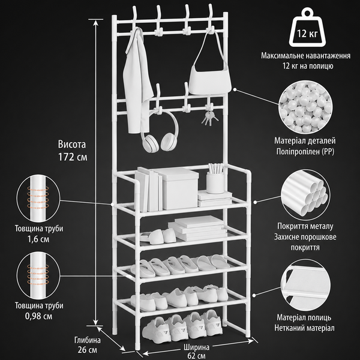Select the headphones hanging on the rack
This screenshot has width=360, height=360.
pyautogui.click(x=160, y=131)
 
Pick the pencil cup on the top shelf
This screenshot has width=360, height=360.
pyautogui.click(x=215, y=179)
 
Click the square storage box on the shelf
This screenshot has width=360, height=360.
pyautogui.click(x=179, y=188)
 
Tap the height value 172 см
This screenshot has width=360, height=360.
pyautogui.click(x=73, y=157)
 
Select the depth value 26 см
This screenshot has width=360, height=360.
pyautogui.click(x=87, y=350)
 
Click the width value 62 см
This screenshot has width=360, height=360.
pyautogui.click(x=197, y=356)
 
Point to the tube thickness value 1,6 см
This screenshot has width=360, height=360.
pyautogui.click(x=38, y=239)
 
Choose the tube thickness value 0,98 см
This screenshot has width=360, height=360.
pyautogui.click(x=38, y=316)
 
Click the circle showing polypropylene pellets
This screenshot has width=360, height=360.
pyautogui.click(x=305, y=107)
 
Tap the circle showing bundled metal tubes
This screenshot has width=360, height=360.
pyautogui.click(x=305, y=194)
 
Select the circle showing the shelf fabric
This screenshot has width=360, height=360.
pyautogui.click(x=305, y=284)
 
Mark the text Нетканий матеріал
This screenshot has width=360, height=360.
pyautogui.click(x=304, y=328)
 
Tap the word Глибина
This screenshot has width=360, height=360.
pyautogui.click(x=87, y=340)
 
